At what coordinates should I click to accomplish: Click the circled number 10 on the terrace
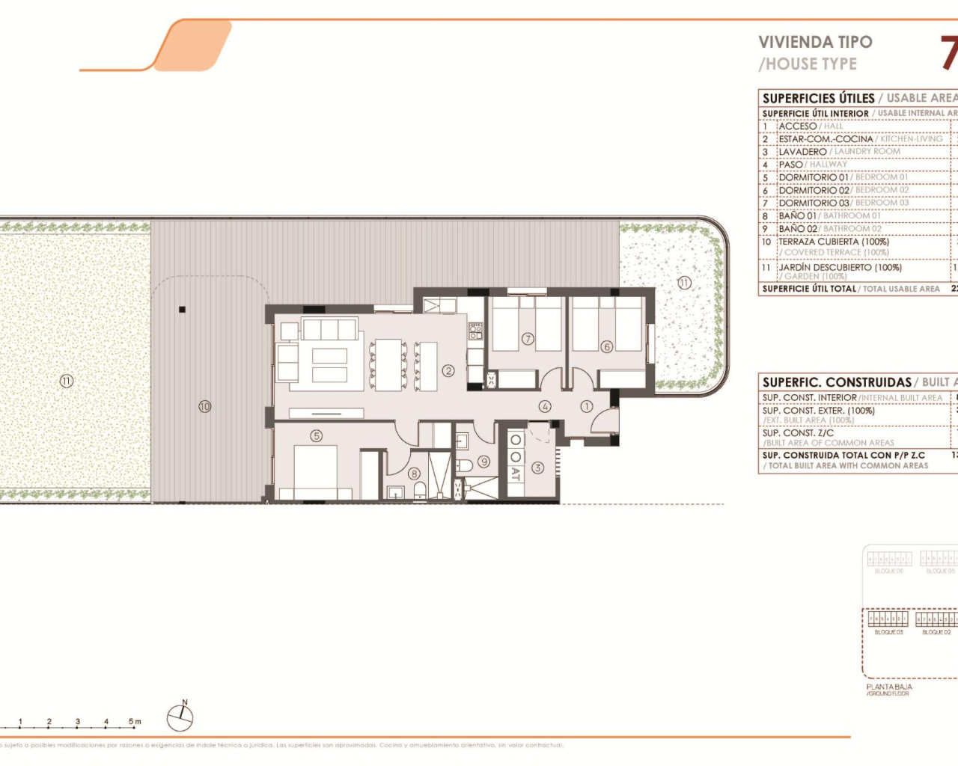pyautogui.click(x=204, y=406)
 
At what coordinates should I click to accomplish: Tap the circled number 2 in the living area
pyautogui.click(x=448, y=370)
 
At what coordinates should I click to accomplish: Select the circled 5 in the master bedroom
pyautogui.click(x=317, y=435)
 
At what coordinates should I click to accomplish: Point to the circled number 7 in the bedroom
pyautogui.click(x=528, y=339)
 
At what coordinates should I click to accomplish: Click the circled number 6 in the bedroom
pyautogui.click(x=606, y=346)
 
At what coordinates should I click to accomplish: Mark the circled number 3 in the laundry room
pyautogui.click(x=537, y=468)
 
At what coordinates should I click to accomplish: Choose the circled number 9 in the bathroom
pyautogui.click(x=484, y=462)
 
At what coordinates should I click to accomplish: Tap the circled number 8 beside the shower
pyautogui.click(x=414, y=473)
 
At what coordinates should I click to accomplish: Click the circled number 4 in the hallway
pyautogui.click(x=545, y=406)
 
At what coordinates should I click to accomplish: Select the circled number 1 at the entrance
pyautogui.click(x=586, y=406)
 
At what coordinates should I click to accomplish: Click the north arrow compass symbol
pyautogui.click(x=180, y=717)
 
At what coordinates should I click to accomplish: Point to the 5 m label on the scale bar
pyautogui.click(x=134, y=722)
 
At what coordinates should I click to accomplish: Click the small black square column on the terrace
pyautogui.click(x=182, y=309)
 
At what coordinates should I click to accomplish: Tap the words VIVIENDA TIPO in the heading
pyautogui.click(x=815, y=42)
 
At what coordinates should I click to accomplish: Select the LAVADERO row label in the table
pyautogui.click(x=802, y=151)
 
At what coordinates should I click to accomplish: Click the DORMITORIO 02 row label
pyautogui.click(x=814, y=190)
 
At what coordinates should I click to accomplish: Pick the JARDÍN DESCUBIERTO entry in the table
pyautogui.click(x=840, y=267)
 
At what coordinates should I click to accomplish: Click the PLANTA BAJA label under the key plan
pyautogui.click(x=888, y=687)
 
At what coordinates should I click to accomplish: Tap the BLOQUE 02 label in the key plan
pyautogui.click(x=936, y=632)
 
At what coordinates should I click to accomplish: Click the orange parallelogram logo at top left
pyautogui.click(x=192, y=46)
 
